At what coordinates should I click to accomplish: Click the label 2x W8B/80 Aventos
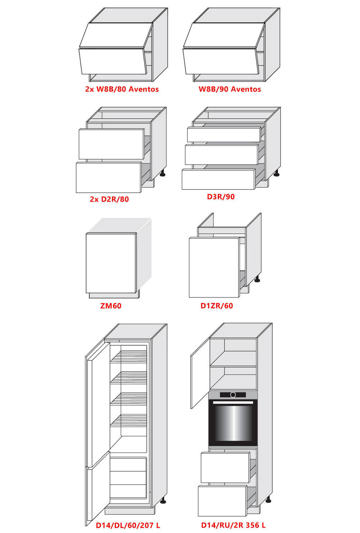(122, 89)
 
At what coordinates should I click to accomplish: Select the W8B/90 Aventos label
(230, 89)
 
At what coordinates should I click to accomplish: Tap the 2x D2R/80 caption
(109, 199)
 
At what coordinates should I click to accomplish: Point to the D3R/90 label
(221, 197)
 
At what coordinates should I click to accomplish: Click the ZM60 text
(111, 306)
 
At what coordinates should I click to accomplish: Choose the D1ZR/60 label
(217, 306)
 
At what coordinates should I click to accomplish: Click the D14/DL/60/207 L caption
(128, 525)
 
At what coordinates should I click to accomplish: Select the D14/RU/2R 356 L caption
(233, 525)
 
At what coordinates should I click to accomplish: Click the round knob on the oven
(233, 395)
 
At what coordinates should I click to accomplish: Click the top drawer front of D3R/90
(224, 135)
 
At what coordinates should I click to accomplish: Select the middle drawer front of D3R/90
(222, 155)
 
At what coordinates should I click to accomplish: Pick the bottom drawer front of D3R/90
(218, 179)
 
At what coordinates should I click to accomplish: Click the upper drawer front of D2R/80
(112, 144)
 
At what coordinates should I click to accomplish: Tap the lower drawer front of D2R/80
(109, 177)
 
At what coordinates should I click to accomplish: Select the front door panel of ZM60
(111, 263)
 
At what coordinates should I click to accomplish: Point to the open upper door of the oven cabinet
(200, 373)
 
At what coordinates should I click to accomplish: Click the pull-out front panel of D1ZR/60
(214, 267)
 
